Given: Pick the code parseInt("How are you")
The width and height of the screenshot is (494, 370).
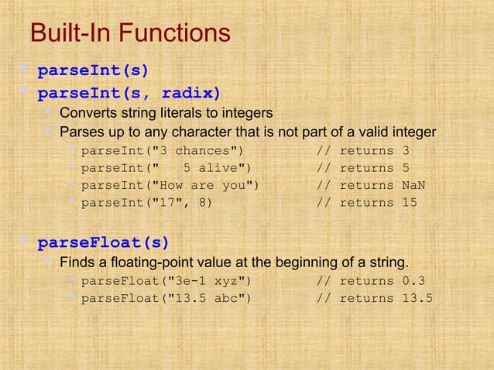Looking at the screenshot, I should click(170, 186).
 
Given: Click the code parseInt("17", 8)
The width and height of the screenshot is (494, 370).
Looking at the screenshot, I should click(146, 203).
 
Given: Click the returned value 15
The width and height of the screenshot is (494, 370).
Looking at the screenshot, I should click(410, 203).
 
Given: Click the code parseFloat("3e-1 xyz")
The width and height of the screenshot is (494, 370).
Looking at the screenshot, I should click(166, 281).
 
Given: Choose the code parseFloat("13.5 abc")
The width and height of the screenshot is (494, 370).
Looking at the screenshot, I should click(166, 299).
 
